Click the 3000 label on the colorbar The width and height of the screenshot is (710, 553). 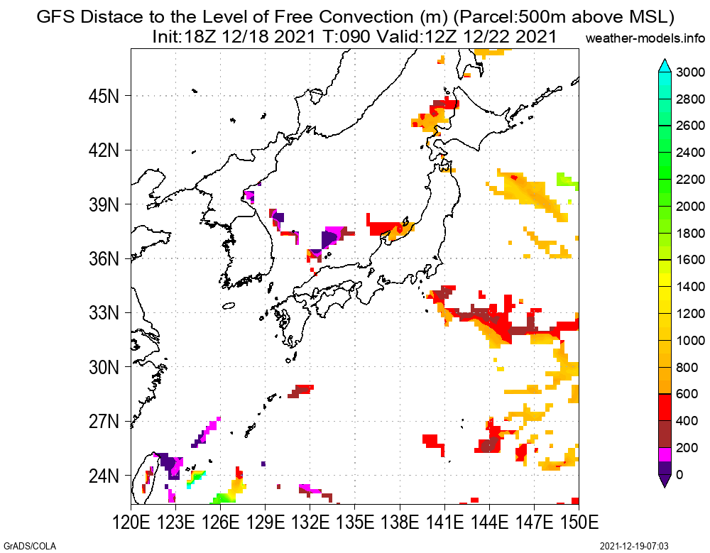690,72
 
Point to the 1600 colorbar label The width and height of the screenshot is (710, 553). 690,260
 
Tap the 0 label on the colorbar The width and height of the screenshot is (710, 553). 680,474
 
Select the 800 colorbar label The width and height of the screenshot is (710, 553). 687,367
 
